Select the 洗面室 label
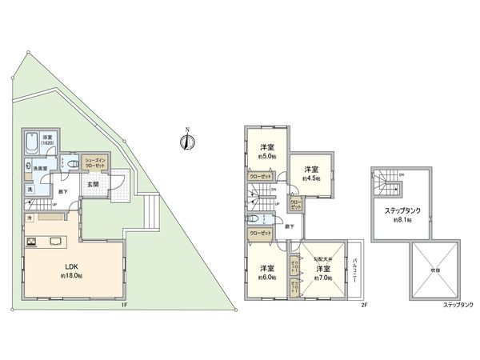pos(38,168)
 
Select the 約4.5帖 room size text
pos(310,178)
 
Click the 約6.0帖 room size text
pos(266,277)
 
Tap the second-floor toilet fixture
pos(254,218)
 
